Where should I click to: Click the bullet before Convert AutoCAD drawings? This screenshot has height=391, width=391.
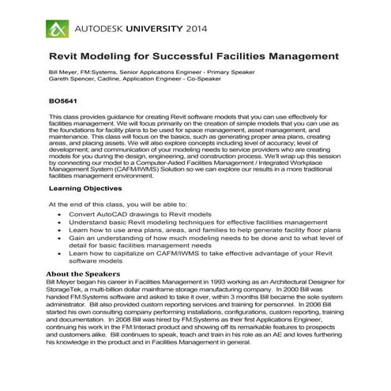tap(61, 215)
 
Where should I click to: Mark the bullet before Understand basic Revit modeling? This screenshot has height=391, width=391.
tap(61, 223)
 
